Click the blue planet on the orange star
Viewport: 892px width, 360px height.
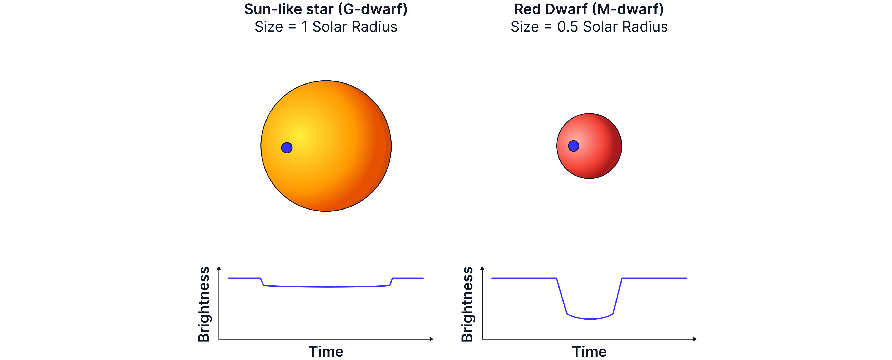tap(287, 148)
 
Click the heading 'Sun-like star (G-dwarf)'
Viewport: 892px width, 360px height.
tap(326, 9)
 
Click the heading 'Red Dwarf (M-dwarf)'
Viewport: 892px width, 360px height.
tap(589, 9)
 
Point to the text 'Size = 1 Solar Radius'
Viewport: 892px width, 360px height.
tap(326, 27)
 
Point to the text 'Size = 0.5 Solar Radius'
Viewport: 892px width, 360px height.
tap(589, 27)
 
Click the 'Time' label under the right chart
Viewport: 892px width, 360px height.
tap(589, 352)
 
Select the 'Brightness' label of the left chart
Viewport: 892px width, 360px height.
tap(204, 304)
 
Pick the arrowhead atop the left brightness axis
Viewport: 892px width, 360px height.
tap(219, 268)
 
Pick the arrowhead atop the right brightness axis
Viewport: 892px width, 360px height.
tap(482, 268)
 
